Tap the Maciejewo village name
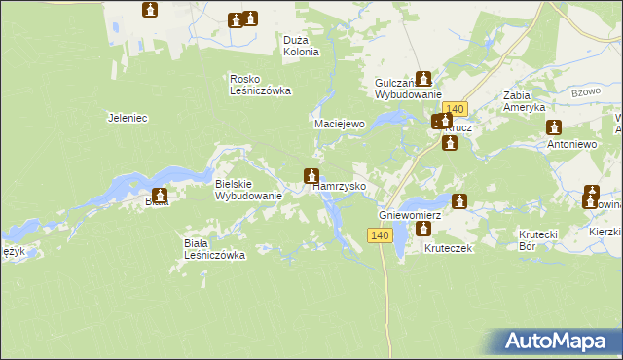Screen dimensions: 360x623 (338, 125)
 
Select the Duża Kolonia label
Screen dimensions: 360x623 (301, 46)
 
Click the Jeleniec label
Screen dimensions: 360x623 (127, 118)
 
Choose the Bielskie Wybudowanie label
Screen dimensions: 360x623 (248, 189)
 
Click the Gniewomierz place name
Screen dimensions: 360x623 (410, 214)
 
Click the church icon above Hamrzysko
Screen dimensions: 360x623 (311, 176)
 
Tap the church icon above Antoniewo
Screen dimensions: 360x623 (554, 126)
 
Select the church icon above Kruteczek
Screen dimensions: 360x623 (423, 229)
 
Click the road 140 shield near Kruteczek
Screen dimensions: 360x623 (380, 235)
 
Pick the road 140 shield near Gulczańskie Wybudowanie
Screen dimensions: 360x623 (456, 110)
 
